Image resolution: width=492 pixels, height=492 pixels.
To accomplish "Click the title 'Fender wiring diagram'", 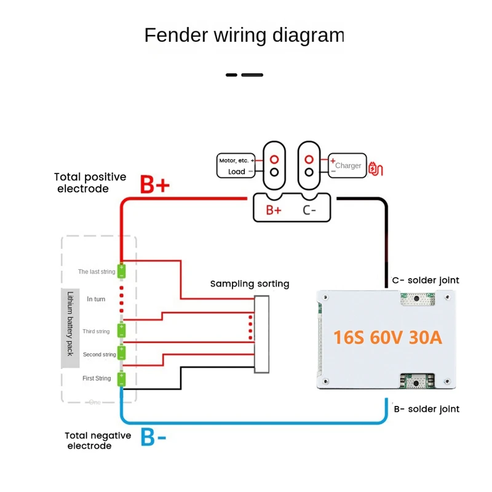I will click(x=244, y=36).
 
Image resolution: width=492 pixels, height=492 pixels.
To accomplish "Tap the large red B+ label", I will click(x=154, y=184).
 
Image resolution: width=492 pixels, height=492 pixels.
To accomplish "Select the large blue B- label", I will click(x=154, y=437).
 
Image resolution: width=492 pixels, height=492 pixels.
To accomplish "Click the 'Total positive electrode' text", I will click(x=90, y=183).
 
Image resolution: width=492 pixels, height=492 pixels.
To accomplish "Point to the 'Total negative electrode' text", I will click(x=98, y=440).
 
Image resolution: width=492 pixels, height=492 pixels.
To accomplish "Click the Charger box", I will click(x=347, y=165).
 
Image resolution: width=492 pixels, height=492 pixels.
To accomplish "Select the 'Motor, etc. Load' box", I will click(x=237, y=166).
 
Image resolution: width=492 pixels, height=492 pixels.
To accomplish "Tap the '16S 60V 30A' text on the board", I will click(x=387, y=338).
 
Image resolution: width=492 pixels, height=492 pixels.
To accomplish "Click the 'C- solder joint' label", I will click(x=426, y=280).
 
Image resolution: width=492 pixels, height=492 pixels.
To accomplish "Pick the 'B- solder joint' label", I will click(x=426, y=409).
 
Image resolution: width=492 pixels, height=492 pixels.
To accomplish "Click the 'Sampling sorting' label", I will click(x=250, y=284).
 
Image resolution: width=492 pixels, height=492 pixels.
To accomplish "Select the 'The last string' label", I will click(x=96, y=271).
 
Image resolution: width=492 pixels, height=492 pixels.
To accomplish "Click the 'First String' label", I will click(x=97, y=378).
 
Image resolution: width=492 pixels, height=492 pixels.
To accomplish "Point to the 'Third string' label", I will click(x=96, y=331).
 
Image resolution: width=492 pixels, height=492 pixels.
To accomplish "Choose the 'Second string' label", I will click(x=100, y=355).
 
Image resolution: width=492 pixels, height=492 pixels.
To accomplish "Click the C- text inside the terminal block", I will click(x=310, y=210).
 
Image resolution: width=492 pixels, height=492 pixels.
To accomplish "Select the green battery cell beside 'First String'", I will click(x=122, y=378).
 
